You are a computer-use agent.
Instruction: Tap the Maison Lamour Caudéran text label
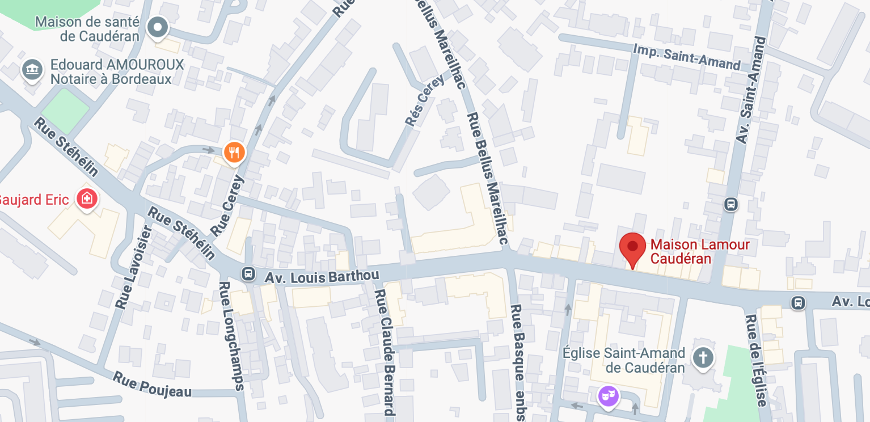pos(700,252)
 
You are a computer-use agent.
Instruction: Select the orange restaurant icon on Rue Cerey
pos(234,152)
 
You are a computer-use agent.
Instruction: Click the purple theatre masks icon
pos(608,395)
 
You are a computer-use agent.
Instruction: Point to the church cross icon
pos(703,358)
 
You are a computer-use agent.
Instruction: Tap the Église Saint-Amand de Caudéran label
pos(623,360)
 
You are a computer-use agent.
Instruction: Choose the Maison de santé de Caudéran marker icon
pos(157,27)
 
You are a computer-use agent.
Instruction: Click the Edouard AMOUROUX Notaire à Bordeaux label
pos(117,71)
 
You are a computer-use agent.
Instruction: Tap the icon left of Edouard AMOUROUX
pos(32,70)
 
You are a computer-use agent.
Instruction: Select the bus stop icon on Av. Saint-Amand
pos(730,204)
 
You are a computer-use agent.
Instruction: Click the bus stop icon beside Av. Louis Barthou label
pos(248,274)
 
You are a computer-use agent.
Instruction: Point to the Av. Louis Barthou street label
pos(322,276)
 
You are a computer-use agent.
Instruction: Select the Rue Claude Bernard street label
pos(384,352)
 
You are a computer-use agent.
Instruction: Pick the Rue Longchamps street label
pos(231,336)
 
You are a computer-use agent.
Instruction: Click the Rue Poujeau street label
pos(151,384)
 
